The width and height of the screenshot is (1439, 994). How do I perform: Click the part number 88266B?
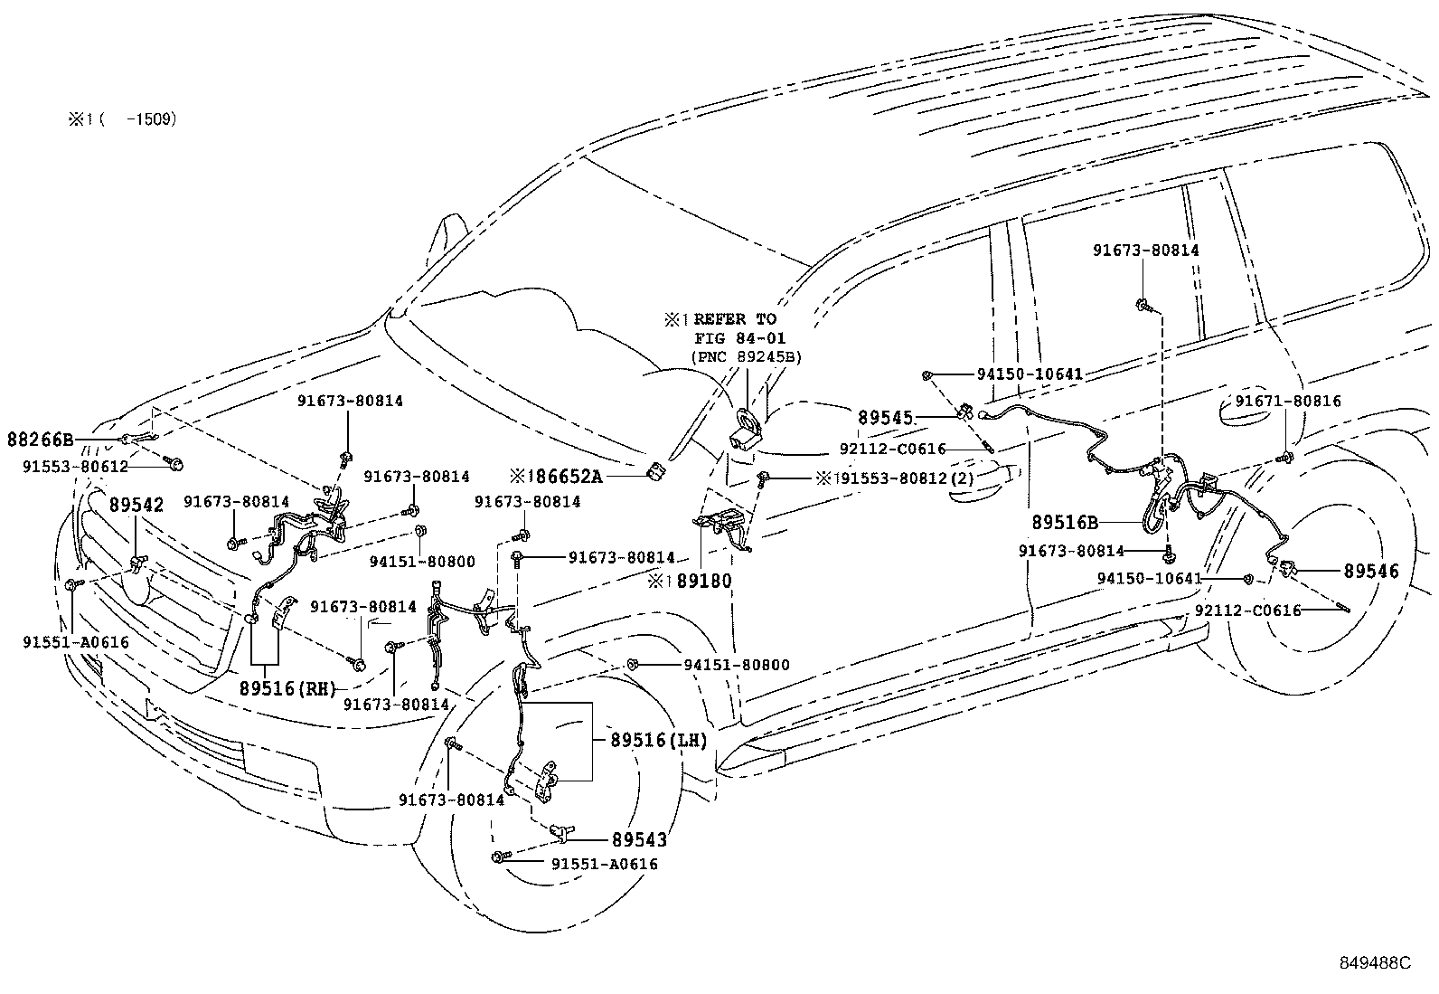pyautogui.click(x=40, y=440)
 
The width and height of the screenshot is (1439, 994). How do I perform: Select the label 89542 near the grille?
pyautogui.click(x=136, y=505)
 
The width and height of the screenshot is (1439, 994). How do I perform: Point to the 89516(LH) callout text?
pyautogui.click(x=658, y=740)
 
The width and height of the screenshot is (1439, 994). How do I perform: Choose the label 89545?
pyautogui.click(x=886, y=419)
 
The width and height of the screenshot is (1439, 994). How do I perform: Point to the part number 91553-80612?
pyautogui.click(x=75, y=467)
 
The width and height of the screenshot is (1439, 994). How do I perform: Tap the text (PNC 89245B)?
pyautogui.click(x=746, y=357)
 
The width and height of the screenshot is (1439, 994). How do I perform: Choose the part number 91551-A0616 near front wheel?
pyautogui.click(x=604, y=865)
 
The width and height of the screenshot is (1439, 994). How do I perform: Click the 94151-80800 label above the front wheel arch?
pyautogui.click(x=736, y=666)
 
